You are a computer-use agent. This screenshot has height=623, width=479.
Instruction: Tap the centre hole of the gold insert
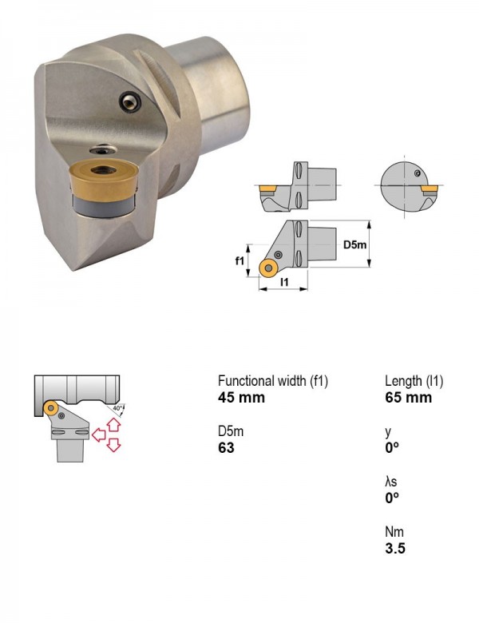coord(104,170)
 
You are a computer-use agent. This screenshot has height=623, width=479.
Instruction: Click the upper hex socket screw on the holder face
coord(130,101)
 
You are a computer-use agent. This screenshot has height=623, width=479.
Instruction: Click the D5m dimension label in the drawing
coord(354,244)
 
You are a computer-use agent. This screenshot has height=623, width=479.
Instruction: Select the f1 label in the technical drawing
coord(239,260)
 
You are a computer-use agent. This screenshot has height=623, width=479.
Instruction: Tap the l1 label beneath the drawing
coord(284,282)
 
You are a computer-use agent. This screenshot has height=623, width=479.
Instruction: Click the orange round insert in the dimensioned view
coord(268,268)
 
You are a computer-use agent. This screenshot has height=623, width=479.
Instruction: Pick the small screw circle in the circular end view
coord(417,173)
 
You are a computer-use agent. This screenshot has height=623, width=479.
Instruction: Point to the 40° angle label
coord(117,408)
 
